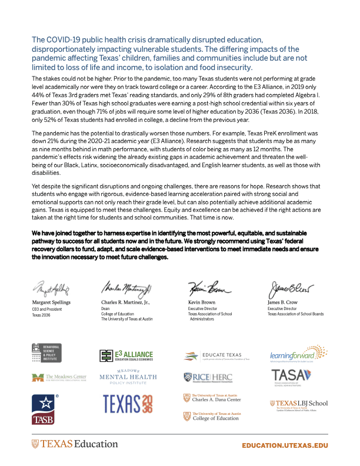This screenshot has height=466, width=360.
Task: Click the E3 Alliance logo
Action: [x=126, y=355]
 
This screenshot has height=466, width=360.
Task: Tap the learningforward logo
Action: [x=298, y=354]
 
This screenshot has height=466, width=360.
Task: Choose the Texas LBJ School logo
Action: [x=298, y=405]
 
